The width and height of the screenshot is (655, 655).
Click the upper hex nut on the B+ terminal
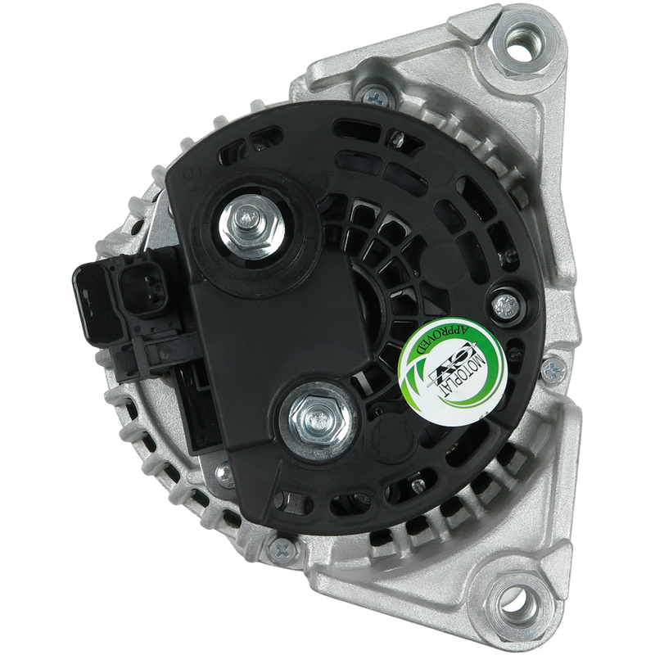pyautogui.click(x=252, y=227)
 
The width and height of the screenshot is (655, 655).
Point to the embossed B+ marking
pyautogui.click(x=189, y=180)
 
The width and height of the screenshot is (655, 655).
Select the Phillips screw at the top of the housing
pyautogui.click(x=375, y=97)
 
